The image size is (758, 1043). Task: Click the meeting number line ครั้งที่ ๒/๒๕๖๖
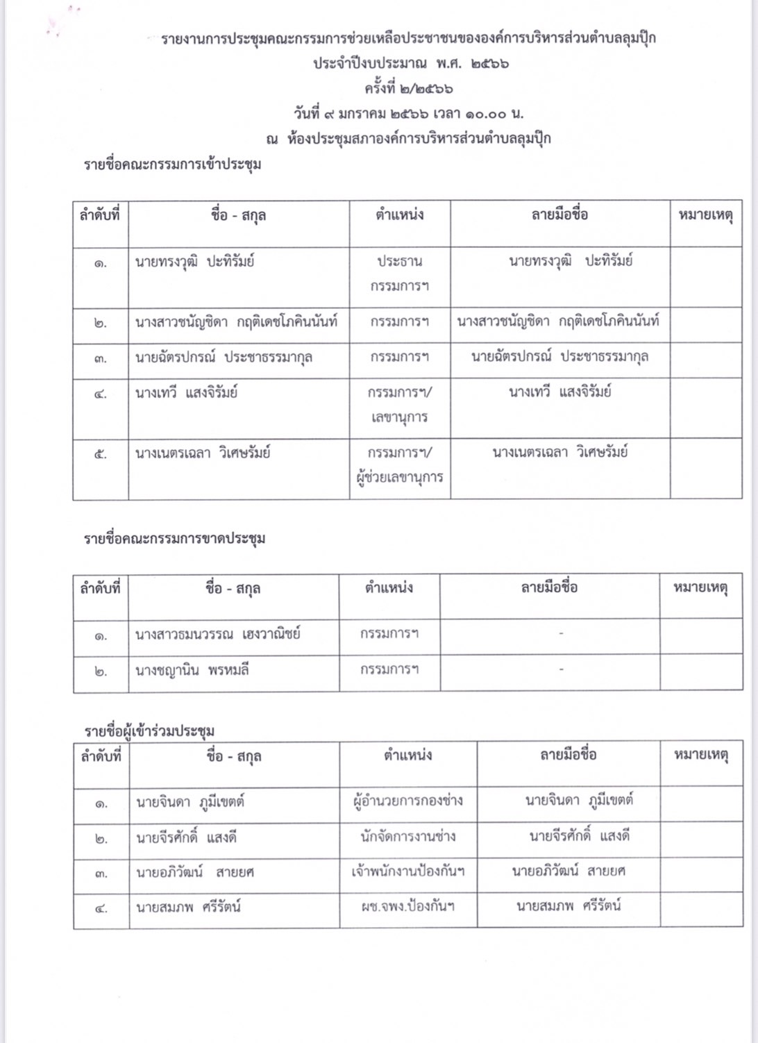point(409,89)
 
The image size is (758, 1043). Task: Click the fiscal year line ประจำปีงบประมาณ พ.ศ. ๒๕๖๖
point(410,63)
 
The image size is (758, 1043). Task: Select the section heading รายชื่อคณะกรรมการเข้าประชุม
point(173,165)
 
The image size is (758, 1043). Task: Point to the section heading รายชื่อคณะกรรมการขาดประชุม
point(175,539)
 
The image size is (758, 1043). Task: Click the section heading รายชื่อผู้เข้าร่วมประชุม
point(149,731)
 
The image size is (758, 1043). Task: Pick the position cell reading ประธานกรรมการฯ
point(399,274)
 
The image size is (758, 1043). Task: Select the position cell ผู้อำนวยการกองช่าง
point(408,801)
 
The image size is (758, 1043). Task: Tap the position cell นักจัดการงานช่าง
point(408,837)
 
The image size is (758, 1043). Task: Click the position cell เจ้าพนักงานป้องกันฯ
point(408,871)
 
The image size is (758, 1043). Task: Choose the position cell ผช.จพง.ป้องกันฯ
point(408,907)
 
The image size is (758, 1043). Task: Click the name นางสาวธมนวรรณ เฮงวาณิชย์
point(218,634)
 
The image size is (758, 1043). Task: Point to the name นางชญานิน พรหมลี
point(192,670)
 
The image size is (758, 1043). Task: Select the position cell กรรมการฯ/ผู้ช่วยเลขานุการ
point(400,465)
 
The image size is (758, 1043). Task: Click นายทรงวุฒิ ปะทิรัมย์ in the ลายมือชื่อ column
point(571,262)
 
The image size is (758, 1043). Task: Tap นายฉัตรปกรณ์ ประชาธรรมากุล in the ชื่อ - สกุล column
point(224,358)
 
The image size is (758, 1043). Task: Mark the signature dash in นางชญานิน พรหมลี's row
point(561,669)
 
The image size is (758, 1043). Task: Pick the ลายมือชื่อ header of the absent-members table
point(549,587)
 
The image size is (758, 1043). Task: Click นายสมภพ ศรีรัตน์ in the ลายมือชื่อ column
point(568,906)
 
